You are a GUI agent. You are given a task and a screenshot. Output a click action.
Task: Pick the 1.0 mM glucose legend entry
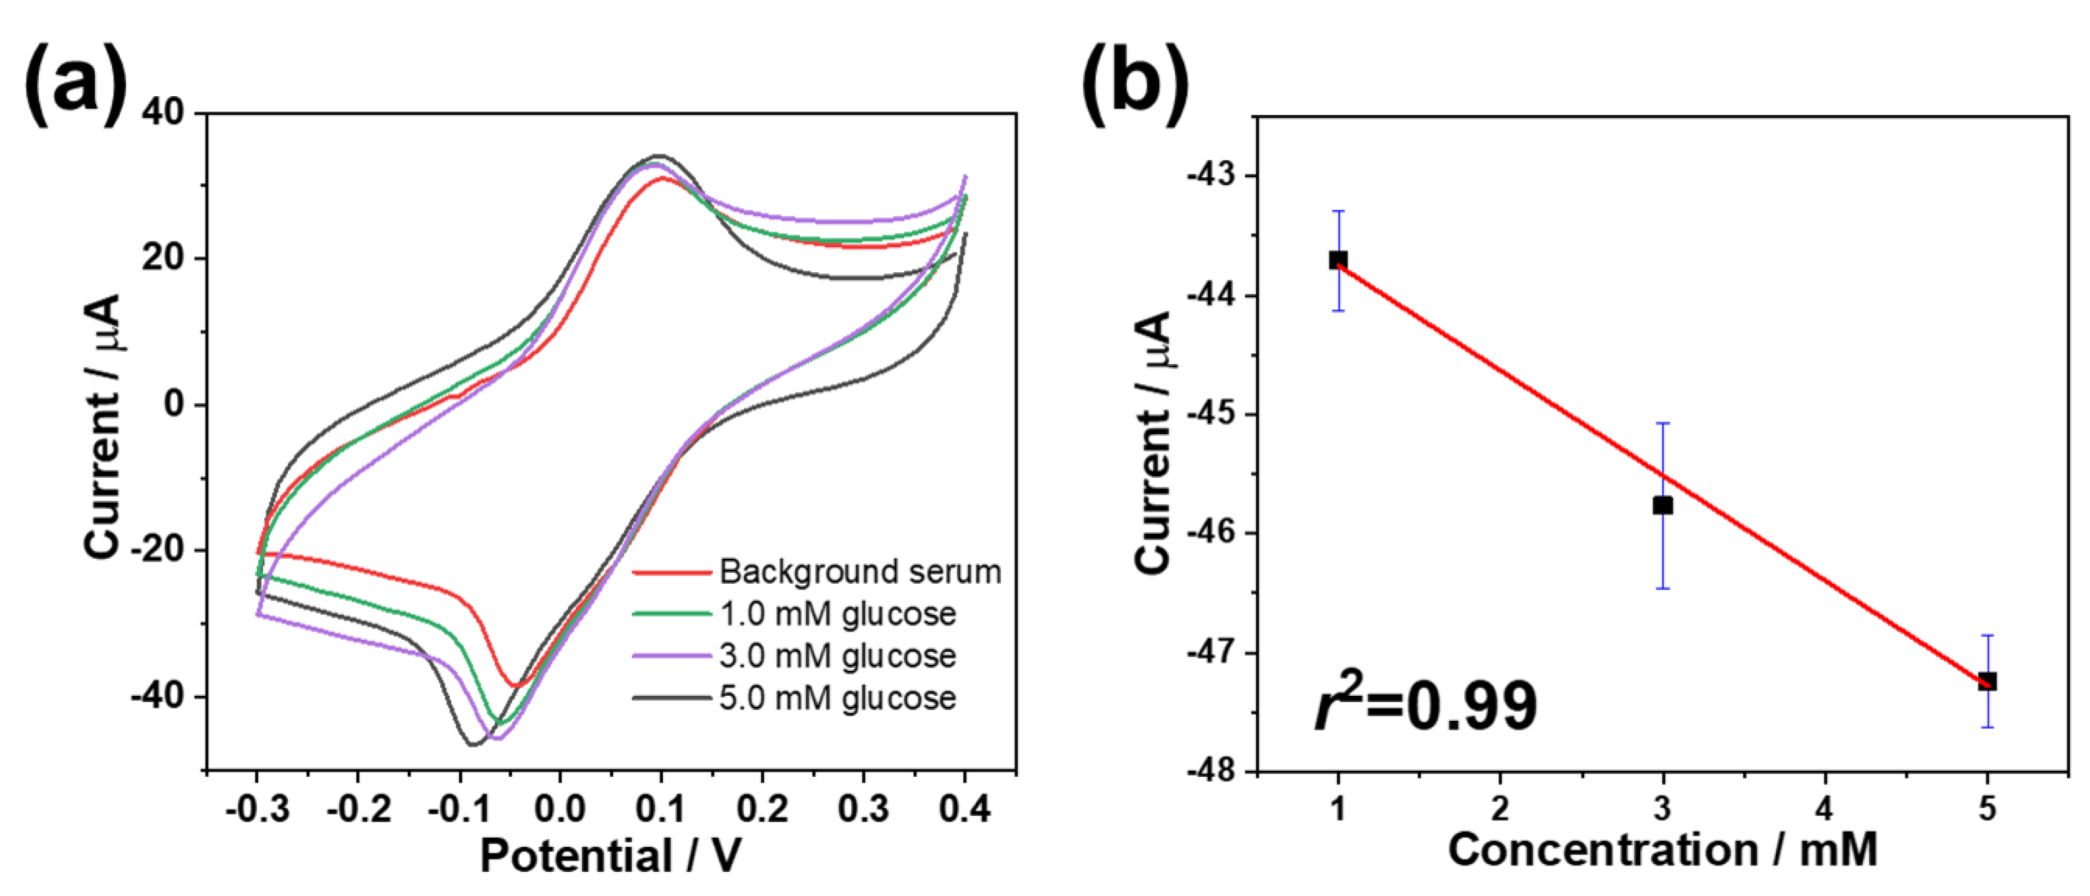point(837,614)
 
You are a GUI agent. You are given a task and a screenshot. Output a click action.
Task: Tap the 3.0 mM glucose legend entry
point(837,656)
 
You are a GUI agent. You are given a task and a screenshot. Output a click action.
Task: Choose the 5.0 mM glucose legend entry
point(837,699)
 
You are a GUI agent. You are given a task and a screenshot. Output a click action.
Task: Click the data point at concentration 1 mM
point(1338,260)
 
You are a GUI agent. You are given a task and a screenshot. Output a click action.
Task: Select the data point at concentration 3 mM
point(1662,505)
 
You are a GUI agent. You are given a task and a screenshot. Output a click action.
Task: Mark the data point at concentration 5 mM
point(1987,681)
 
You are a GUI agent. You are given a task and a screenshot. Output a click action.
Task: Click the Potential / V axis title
point(610,855)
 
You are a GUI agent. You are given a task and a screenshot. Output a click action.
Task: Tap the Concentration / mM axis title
point(1662,850)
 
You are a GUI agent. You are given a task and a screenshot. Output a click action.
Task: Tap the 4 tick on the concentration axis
point(1825,807)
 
